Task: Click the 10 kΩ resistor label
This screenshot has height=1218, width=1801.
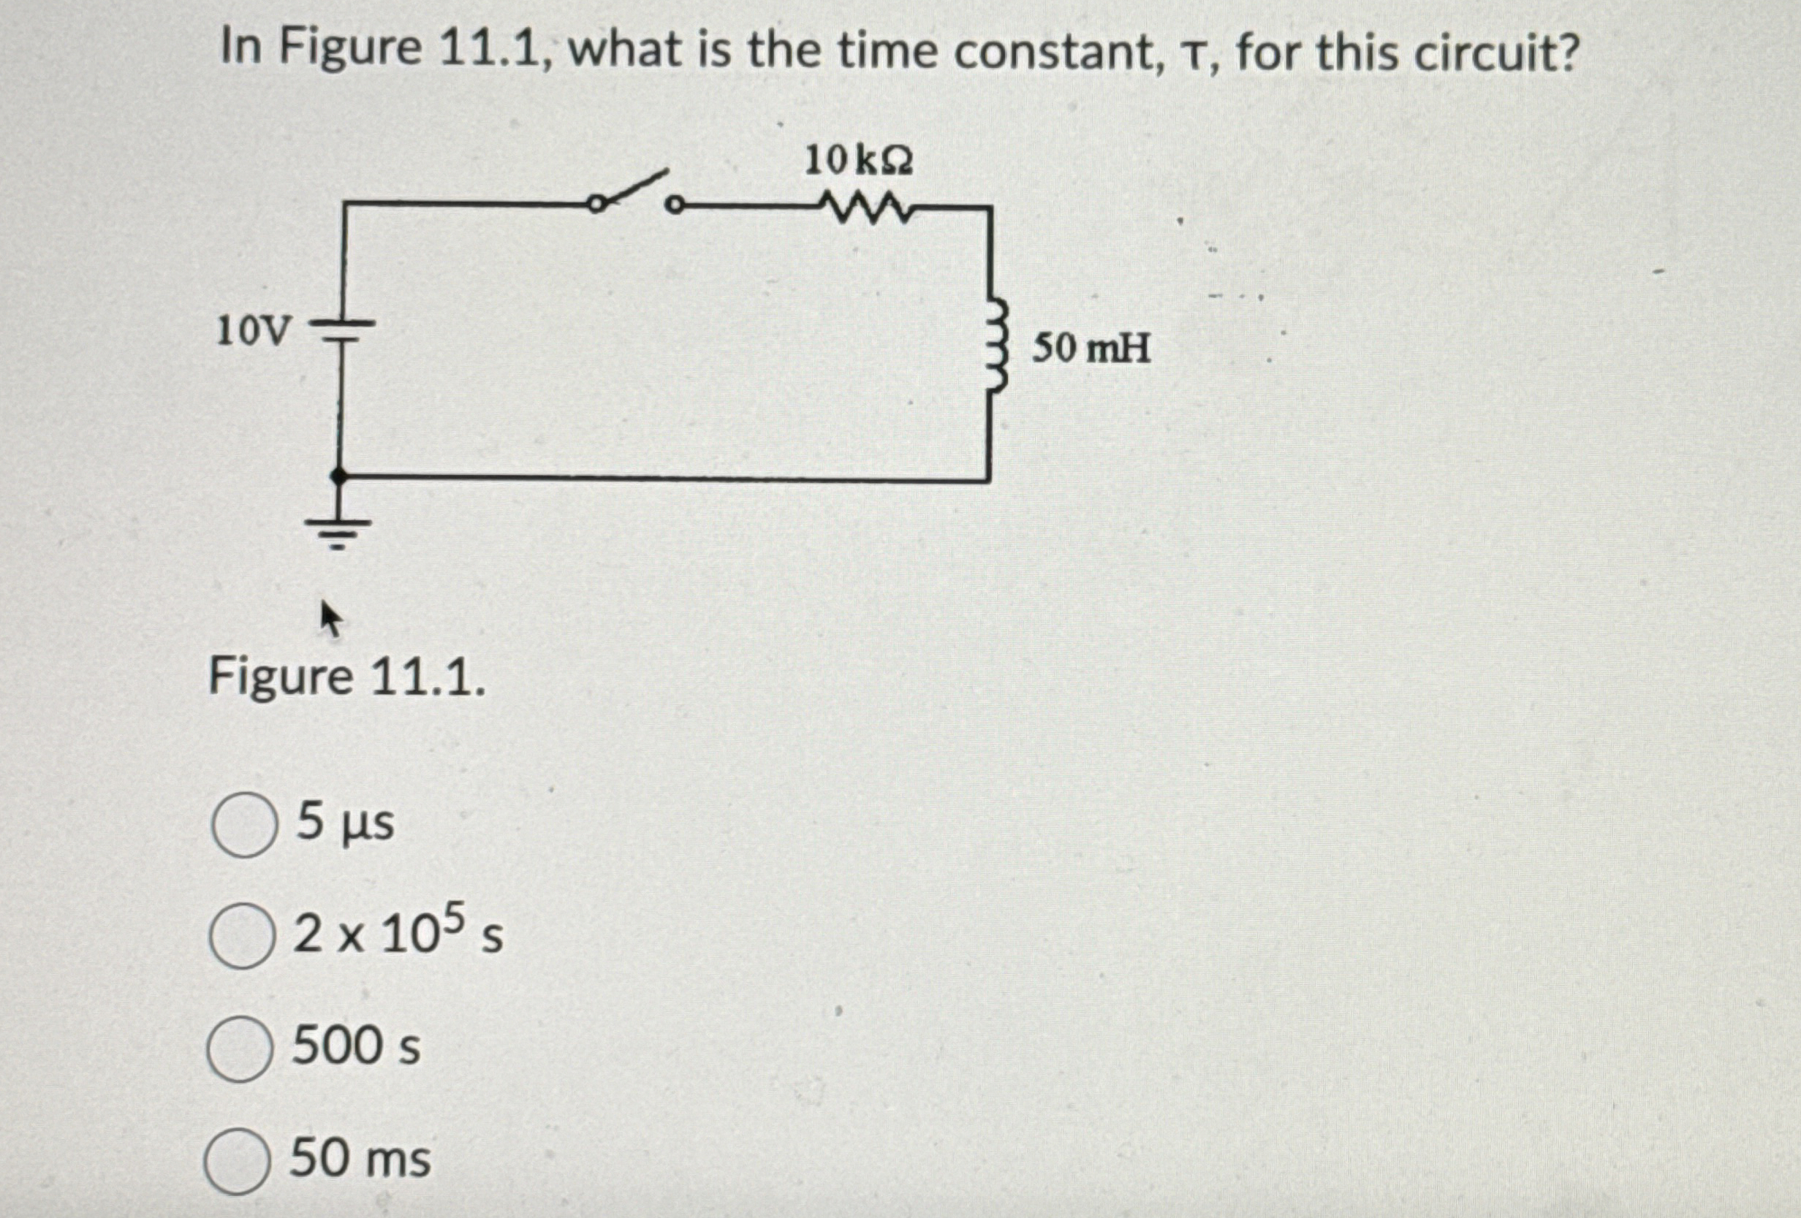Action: coord(859,161)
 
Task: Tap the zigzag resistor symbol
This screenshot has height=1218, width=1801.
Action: coord(865,208)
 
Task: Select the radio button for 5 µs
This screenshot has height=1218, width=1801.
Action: coord(244,824)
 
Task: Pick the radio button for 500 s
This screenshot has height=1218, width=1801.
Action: coord(240,1048)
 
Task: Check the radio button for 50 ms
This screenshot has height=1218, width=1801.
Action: coord(238,1160)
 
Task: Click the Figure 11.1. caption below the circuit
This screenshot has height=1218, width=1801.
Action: coord(346,677)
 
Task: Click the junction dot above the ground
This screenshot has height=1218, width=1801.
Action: coord(338,475)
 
